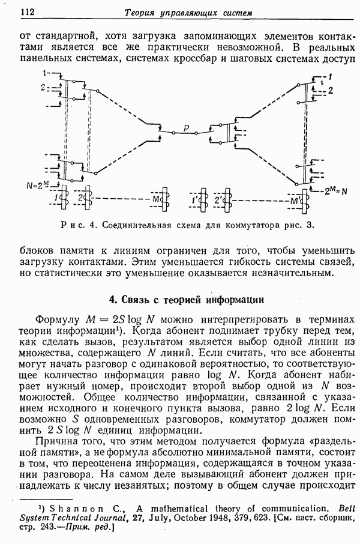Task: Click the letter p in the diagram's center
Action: pyautogui.click(x=187, y=128)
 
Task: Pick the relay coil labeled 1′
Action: pyautogui.click(x=202, y=198)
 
